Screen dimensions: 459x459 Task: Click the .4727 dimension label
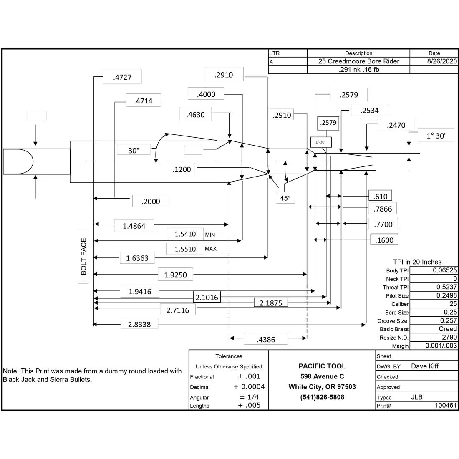tap(122, 77)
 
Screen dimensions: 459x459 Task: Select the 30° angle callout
tap(134, 151)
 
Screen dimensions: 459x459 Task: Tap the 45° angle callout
tap(285, 198)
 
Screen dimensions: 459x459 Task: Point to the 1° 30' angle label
tap(436, 136)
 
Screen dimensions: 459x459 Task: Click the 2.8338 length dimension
tap(139, 324)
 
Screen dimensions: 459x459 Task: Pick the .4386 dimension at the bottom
tap(266, 340)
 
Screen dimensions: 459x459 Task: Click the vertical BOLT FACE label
tap(84, 257)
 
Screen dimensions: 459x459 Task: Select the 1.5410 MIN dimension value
tap(185, 234)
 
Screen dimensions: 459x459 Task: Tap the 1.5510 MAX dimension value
tap(185, 249)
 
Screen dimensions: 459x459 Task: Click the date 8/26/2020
tap(442, 61)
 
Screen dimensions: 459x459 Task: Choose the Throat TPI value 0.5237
tap(446, 287)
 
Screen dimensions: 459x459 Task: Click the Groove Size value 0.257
tap(448, 320)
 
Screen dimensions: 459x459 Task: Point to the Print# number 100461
tap(446, 406)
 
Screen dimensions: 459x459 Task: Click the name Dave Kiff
tap(425, 366)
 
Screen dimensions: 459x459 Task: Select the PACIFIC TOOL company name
tap(322, 366)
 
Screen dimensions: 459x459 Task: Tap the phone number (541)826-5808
tap(322, 397)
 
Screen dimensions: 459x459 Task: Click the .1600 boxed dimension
tap(384, 240)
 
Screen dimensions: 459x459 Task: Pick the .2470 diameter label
tap(396, 125)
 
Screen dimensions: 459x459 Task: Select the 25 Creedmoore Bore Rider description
tap(358, 61)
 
